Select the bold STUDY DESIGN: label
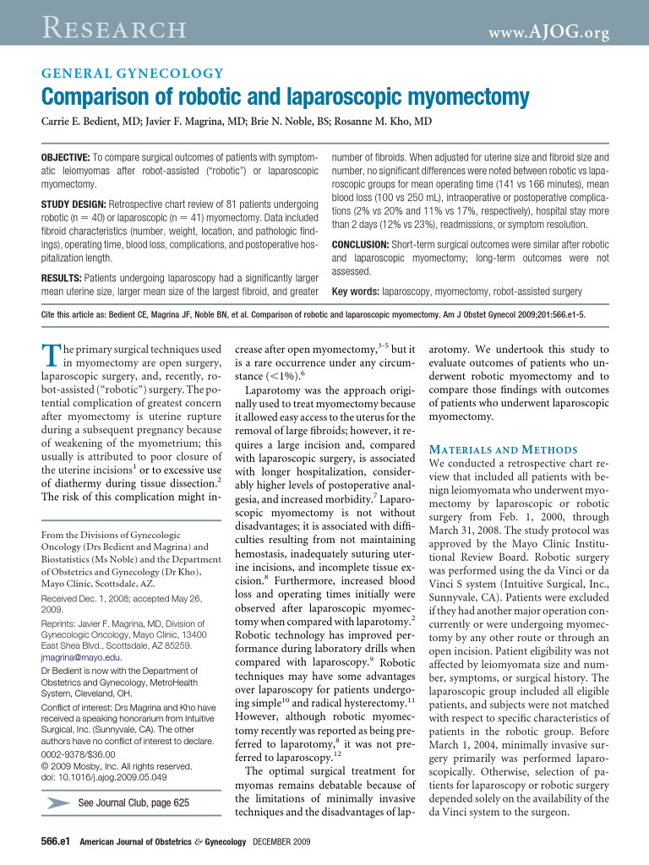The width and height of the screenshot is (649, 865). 74,205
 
